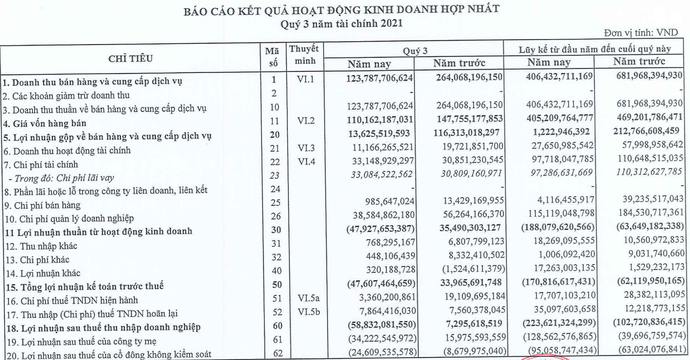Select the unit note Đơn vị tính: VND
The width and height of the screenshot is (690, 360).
(656, 32)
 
